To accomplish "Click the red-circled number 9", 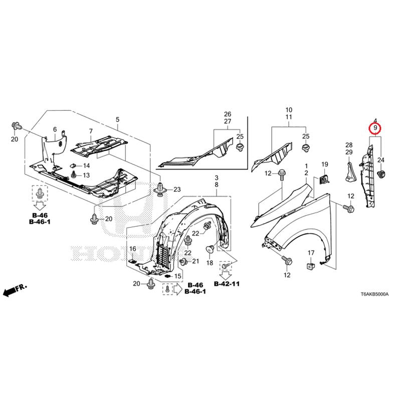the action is tap(375, 128).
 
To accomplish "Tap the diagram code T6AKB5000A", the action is tap(374, 294).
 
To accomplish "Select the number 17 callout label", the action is tap(311, 253).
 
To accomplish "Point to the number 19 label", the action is tap(324, 164).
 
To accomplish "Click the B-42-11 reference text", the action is tap(227, 284).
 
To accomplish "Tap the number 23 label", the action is tap(177, 189).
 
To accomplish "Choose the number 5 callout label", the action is tap(117, 119).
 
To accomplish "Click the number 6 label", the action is tap(55, 130).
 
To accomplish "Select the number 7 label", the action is tap(91, 131).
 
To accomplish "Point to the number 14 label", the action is tap(86, 166).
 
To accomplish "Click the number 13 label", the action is tap(86, 175).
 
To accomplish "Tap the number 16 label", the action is tap(133, 249).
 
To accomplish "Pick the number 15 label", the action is tap(178, 276).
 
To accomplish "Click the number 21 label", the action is tap(195, 261).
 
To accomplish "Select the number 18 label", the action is tap(210, 263).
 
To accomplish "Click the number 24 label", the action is tap(381, 160).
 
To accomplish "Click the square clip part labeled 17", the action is tap(311, 266).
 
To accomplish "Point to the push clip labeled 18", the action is tap(210, 249).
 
